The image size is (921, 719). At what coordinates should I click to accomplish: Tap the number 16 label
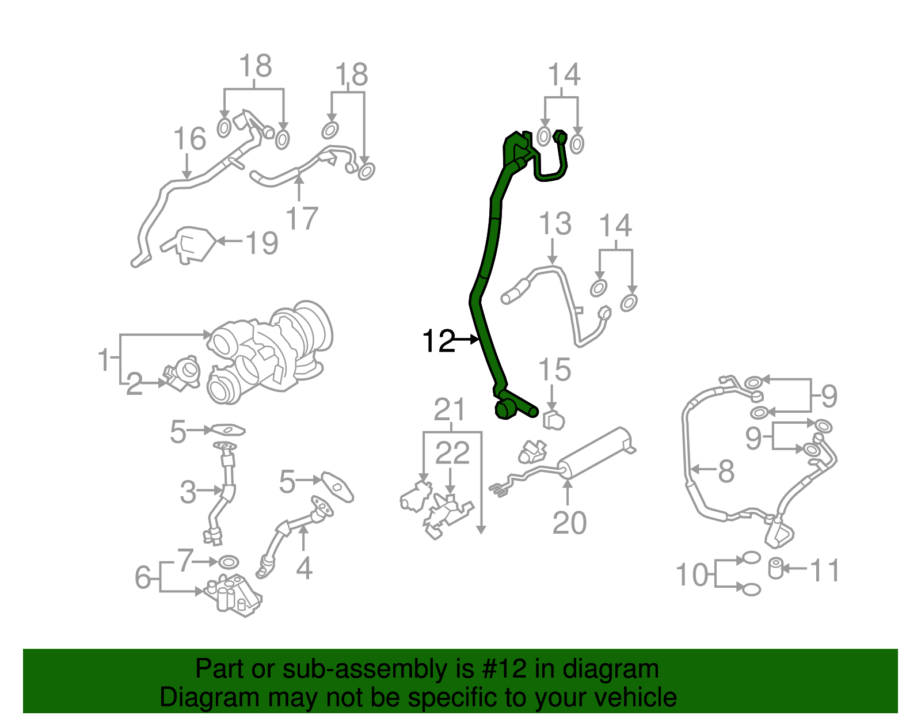(x=189, y=139)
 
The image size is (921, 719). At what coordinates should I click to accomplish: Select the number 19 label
(x=262, y=243)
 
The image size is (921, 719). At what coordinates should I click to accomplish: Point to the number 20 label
(x=569, y=523)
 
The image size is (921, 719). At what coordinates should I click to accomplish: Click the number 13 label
(x=555, y=223)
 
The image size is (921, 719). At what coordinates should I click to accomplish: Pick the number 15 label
(x=554, y=370)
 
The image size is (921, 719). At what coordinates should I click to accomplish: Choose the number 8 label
(x=726, y=471)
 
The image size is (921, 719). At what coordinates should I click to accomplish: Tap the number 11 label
(x=825, y=570)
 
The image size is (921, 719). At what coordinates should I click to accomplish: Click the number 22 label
(x=452, y=454)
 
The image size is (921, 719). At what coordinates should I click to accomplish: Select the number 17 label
(x=302, y=218)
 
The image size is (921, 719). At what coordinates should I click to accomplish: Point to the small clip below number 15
(x=553, y=420)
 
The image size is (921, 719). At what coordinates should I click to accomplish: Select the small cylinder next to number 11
(x=776, y=569)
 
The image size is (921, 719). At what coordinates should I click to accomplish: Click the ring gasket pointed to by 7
(x=229, y=561)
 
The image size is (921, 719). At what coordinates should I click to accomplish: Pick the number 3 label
(x=188, y=492)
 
